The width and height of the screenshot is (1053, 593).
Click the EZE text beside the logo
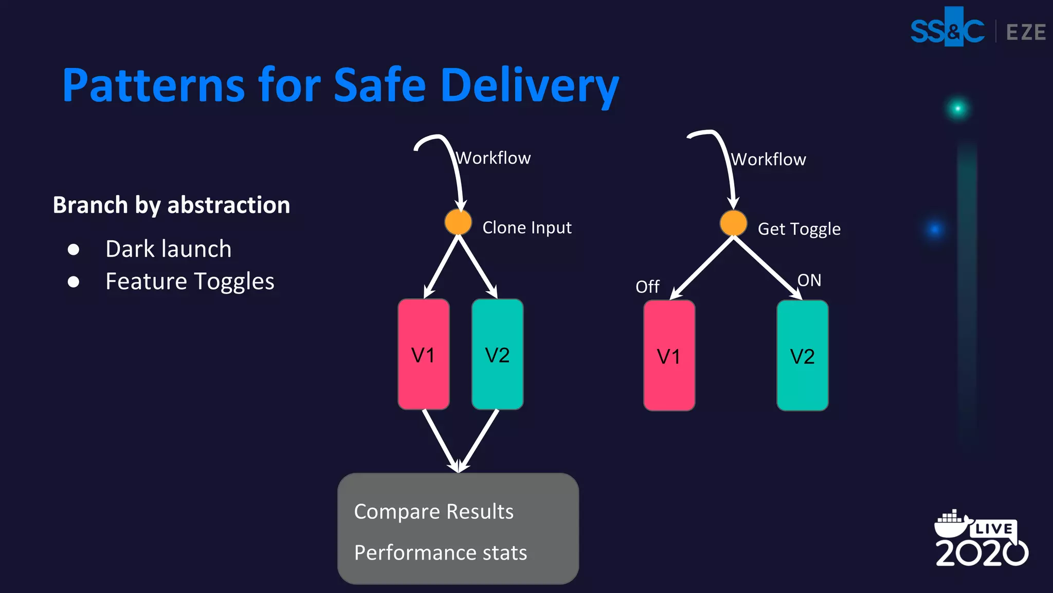pos(1025,32)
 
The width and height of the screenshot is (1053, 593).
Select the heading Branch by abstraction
pos(171,205)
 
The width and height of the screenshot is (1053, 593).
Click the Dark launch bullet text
pos(168,249)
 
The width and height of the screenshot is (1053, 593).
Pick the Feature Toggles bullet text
pos(190,282)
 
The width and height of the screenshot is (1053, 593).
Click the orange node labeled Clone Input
pos(458,222)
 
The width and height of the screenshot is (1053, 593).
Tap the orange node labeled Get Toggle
pos(733,223)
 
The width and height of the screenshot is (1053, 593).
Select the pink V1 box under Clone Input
pos(423,355)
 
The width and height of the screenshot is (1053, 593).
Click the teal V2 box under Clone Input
pos(497,355)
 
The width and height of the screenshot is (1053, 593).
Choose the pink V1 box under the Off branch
pos(669,356)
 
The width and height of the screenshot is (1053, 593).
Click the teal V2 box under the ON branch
pos(802,356)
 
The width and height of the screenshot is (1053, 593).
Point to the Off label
pos(647,287)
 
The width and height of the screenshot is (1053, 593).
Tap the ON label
pos(809,281)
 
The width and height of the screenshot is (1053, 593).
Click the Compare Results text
pos(433,512)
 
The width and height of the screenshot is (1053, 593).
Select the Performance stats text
pos(440,553)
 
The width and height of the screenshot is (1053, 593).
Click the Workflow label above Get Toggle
pos(769,160)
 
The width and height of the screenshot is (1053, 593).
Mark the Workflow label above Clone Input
pos(493,158)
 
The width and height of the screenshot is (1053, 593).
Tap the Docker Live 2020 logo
pos(981,539)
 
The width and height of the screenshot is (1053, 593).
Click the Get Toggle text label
pos(799,229)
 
